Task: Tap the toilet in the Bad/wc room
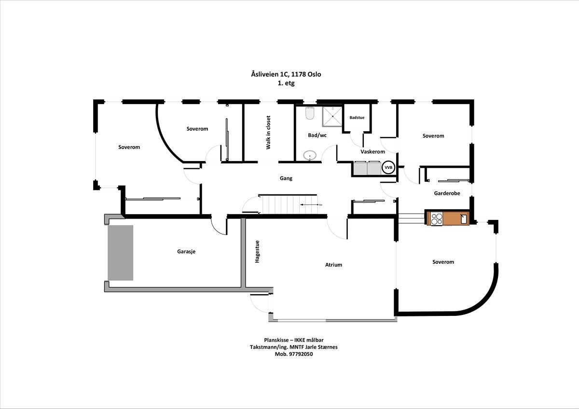pyautogui.click(x=310, y=114)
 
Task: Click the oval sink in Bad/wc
pyautogui.click(x=310, y=155)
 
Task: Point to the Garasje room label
pyautogui.click(x=186, y=251)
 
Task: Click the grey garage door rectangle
pyautogui.click(x=120, y=253)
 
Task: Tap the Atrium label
pyautogui.click(x=333, y=265)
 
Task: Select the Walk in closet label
pyautogui.click(x=269, y=133)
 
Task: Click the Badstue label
pyautogui.click(x=357, y=117)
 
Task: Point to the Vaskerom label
pyautogui.click(x=372, y=152)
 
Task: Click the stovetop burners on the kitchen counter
pyautogui.click(x=436, y=218)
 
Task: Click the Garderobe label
pyautogui.click(x=447, y=193)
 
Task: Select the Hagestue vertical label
pyautogui.click(x=257, y=251)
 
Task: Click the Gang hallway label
pyautogui.click(x=286, y=178)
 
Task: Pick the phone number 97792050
pyautogui.click(x=301, y=354)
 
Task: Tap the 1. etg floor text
pyautogui.click(x=286, y=83)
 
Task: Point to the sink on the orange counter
pyautogui.click(x=463, y=218)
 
